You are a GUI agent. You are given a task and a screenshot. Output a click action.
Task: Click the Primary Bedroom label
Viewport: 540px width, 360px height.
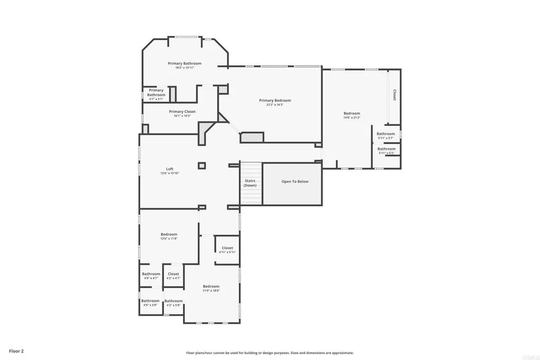[275, 100]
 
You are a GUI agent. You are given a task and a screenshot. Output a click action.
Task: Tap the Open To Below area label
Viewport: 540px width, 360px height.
[295, 181]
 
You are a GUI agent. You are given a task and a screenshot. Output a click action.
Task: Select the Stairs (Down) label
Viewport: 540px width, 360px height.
[250, 183]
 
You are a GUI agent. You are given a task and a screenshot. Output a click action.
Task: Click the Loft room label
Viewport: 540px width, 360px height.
[169, 169]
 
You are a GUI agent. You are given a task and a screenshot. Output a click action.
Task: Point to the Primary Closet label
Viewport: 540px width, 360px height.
[182, 112]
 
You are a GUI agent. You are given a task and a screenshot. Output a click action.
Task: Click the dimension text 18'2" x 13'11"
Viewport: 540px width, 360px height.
[185, 68]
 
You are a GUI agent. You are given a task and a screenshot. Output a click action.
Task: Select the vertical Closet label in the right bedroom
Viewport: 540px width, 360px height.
[394, 95]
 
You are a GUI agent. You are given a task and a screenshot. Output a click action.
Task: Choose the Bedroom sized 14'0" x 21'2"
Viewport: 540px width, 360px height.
[352, 113]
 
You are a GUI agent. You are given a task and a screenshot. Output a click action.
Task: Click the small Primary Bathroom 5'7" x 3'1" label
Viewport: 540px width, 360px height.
[156, 93]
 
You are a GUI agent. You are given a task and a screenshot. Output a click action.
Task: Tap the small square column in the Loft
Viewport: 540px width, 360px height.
[201, 166]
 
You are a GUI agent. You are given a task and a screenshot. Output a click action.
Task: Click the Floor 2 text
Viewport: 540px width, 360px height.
[16, 351]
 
